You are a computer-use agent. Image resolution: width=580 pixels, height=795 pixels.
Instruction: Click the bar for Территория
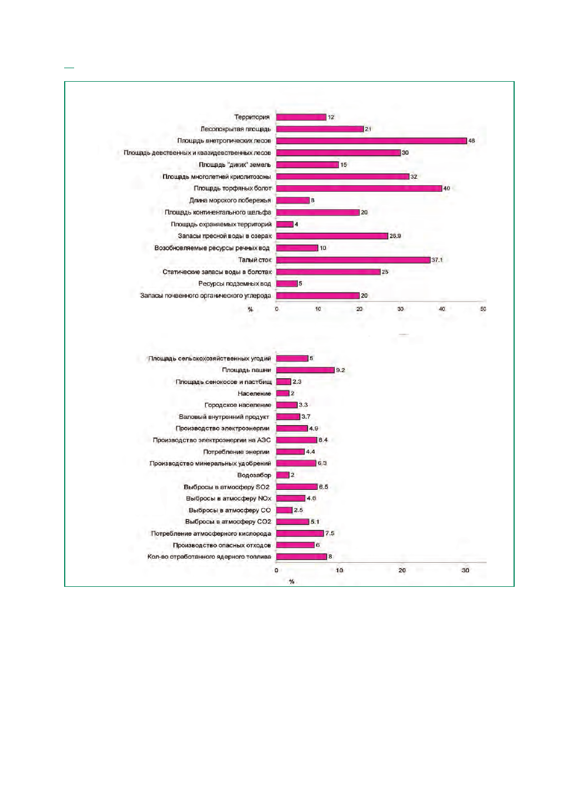coord(301,117)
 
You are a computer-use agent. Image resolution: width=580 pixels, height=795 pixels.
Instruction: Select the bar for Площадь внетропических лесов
coord(371,141)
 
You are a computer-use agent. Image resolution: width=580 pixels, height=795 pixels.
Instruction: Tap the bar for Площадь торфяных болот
coord(359,188)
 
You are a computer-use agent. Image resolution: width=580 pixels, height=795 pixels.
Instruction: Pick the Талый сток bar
coord(353,260)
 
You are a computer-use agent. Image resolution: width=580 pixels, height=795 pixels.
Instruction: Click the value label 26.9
coord(395,236)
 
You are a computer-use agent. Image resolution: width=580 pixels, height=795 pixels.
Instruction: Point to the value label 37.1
coord(437,260)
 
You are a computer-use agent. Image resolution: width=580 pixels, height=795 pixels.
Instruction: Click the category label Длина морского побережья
coord(230,201)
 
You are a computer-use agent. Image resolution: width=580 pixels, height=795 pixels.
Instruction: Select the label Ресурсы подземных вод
coord(235,283)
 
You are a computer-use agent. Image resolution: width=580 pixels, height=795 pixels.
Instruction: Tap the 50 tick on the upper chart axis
coord(483,309)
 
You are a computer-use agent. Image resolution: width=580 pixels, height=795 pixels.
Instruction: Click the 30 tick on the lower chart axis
coord(465,570)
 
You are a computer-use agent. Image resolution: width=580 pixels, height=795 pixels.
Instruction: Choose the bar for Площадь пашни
coord(305,370)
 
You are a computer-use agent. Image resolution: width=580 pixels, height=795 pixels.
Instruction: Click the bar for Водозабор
coord(282,475)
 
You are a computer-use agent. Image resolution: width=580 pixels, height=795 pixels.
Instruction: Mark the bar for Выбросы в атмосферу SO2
coord(296,487)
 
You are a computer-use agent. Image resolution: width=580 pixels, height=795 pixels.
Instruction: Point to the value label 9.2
coord(341,370)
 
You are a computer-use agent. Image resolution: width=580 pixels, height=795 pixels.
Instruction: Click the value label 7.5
coord(330,533)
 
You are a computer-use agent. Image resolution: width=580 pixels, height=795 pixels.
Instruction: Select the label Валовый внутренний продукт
coord(224,417)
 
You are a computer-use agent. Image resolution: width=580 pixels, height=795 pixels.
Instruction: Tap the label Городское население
coord(238,405)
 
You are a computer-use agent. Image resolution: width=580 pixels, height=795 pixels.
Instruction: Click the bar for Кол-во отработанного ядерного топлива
coord(301,556)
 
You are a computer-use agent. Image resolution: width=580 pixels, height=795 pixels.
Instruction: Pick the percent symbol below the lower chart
coord(291,582)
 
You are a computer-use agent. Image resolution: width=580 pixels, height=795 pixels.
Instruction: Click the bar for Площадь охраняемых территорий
coord(285,224)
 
